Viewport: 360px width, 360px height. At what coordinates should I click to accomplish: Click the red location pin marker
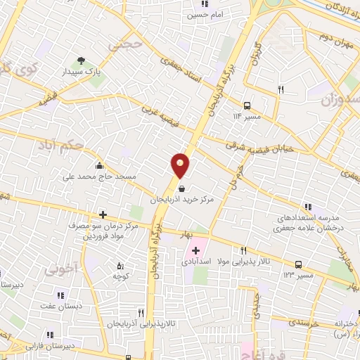point(181,166)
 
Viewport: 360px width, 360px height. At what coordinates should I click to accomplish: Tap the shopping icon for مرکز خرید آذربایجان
point(182,188)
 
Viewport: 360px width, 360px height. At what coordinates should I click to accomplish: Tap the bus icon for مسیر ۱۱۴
point(247,103)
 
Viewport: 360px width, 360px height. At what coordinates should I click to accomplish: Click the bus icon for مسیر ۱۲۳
point(300,264)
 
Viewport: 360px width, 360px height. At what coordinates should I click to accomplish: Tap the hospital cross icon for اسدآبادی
point(195,250)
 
